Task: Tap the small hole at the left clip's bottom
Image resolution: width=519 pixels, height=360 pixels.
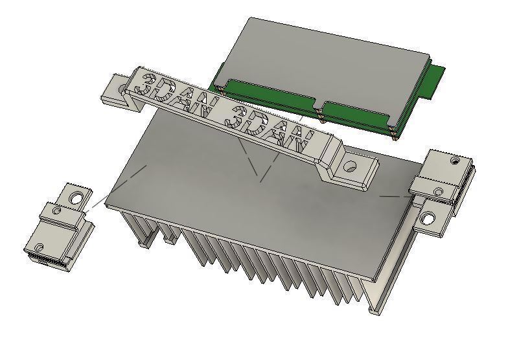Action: coord(38,247)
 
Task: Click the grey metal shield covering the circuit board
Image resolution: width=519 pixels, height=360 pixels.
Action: coord(324,62)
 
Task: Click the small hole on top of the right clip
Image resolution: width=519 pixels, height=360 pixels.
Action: coord(456,159)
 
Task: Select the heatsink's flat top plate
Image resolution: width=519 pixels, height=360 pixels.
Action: coord(259,207)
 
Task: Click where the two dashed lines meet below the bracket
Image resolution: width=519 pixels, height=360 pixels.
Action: coord(260,179)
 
